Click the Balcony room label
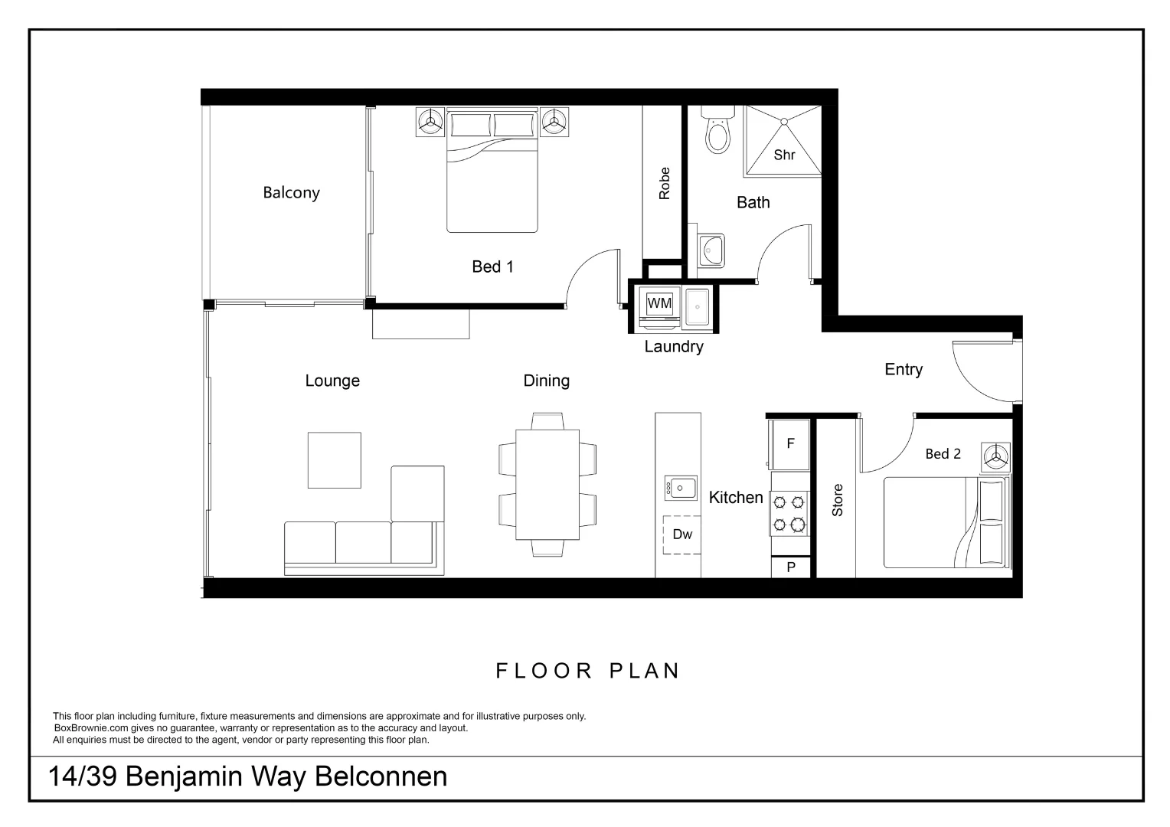[x=291, y=192]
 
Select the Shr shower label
[x=784, y=155]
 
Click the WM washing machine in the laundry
[x=659, y=304]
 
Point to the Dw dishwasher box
[x=681, y=534]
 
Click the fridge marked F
[x=790, y=444]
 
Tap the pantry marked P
[x=790, y=567]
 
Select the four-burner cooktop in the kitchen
[x=789, y=513]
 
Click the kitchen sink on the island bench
[x=680, y=488]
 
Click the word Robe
[x=664, y=184]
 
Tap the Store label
[x=837, y=500]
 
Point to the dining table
[x=547, y=485]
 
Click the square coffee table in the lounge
[x=334, y=460]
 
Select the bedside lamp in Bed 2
[x=996, y=458]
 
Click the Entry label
[x=904, y=370]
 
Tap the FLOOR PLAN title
[x=588, y=672]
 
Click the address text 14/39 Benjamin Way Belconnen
[x=248, y=776]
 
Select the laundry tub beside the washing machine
[x=697, y=307]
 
